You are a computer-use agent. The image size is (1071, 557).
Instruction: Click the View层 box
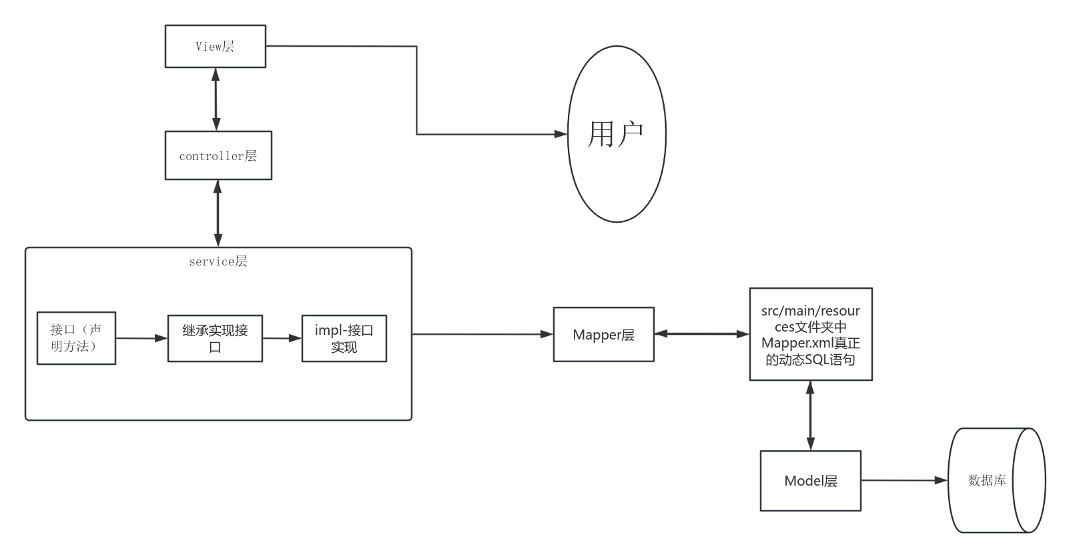pyautogui.click(x=215, y=47)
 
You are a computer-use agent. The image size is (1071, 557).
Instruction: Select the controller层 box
pyautogui.click(x=218, y=155)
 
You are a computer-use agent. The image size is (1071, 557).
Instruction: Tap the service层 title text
pyautogui.click(x=218, y=261)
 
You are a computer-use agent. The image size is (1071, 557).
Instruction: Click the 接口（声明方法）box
pyautogui.click(x=76, y=338)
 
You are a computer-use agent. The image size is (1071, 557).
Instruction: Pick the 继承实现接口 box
pyautogui.click(x=215, y=339)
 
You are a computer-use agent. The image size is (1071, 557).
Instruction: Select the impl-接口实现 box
pyautogui.click(x=344, y=339)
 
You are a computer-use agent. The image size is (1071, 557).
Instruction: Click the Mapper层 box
pyautogui.click(x=603, y=335)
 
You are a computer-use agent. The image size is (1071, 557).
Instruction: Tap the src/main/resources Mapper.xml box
pyautogui.click(x=810, y=334)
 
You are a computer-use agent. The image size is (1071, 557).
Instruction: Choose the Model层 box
pyautogui.click(x=810, y=481)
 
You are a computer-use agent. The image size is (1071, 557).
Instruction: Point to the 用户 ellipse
pyautogui.click(x=617, y=134)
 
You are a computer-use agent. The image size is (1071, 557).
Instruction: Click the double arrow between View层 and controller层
pyautogui.click(x=216, y=99)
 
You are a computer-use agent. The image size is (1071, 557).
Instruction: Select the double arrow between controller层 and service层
pyautogui.click(x=218, y=213)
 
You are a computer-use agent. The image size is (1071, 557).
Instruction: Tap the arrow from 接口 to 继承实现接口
pyautogui.click(x=141, y=338)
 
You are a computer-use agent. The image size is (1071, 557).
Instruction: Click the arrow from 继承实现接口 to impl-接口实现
pyautogui.click(x=282, y=338)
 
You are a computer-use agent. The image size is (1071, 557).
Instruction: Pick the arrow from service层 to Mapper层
pyautogui.click(x=482, y=334)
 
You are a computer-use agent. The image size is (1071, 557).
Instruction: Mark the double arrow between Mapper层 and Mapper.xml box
pyautogui.click(x=701, y=334)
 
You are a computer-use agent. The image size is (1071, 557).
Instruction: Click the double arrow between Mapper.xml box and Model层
pyautogui.click(x=810, y=415)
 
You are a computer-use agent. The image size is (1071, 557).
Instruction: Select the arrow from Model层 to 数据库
pyautogui.click(x=904, y=480)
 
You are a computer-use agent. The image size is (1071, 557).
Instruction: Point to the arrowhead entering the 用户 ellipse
pyautogui.click(x=561, y=134)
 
